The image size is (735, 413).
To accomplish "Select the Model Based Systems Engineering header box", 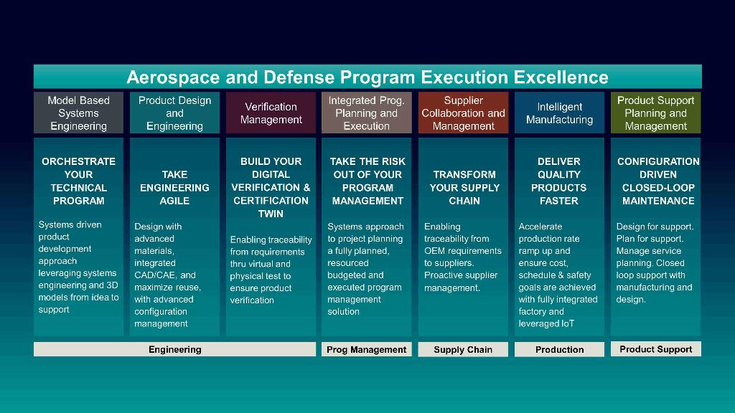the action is point(78,113).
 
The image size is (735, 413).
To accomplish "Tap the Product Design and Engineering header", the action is point(174,113).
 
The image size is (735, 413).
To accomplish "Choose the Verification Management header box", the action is point(271,113).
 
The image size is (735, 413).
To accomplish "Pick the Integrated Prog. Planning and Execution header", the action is point(367,113).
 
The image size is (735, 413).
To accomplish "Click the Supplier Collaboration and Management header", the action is point(463,113).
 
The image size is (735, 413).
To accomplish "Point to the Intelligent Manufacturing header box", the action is point(559,113).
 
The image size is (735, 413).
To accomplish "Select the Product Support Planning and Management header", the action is point(656,113).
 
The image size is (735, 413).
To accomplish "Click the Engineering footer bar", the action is point(175,349).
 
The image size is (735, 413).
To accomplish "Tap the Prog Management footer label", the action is point(367,349).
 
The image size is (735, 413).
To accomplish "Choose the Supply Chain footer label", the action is point(463,349).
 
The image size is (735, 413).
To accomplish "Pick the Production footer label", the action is point(559,349).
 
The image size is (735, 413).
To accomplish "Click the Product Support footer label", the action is point(656,349).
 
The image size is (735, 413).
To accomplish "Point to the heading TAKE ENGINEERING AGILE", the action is point(174,187).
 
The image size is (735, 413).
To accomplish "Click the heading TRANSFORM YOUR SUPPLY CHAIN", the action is point(464,187).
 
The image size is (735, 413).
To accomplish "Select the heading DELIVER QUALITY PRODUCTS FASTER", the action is point(558,181).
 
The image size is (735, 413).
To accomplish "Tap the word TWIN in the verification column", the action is point(271,214).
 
